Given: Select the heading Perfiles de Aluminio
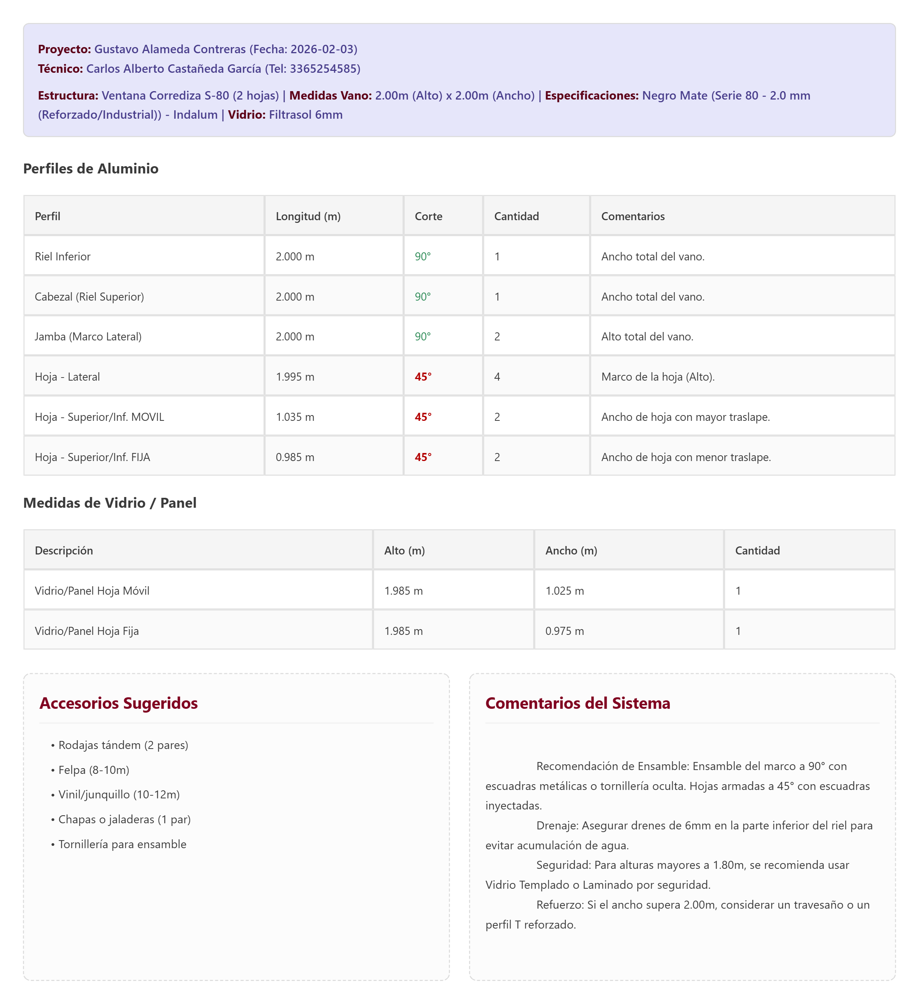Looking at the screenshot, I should [x=91, y=169].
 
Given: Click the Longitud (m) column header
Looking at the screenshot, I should [x=308, y=216].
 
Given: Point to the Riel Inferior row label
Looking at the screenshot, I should [x=63, y=257].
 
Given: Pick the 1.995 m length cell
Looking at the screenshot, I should [x=295, y=377].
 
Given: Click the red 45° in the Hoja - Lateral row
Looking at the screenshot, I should [x=423, y=377].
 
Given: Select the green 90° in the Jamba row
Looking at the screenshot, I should [x=422, y=337].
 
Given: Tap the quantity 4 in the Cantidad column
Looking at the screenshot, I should [x=497, y=377].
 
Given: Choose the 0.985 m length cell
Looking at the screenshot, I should [x=295, y=457].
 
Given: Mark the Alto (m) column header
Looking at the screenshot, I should [x=404, y=550].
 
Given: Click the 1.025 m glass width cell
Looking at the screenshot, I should [x=564, y=591].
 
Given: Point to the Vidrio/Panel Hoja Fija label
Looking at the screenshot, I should [x=87, y=631].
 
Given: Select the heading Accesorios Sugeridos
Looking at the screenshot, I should [x=119, y=703].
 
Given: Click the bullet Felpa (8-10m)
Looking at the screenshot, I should [x=94, y=770].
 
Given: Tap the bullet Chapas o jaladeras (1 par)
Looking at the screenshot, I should [x=124, y=819].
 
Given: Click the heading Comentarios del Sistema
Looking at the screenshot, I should [x=577, y=703].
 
